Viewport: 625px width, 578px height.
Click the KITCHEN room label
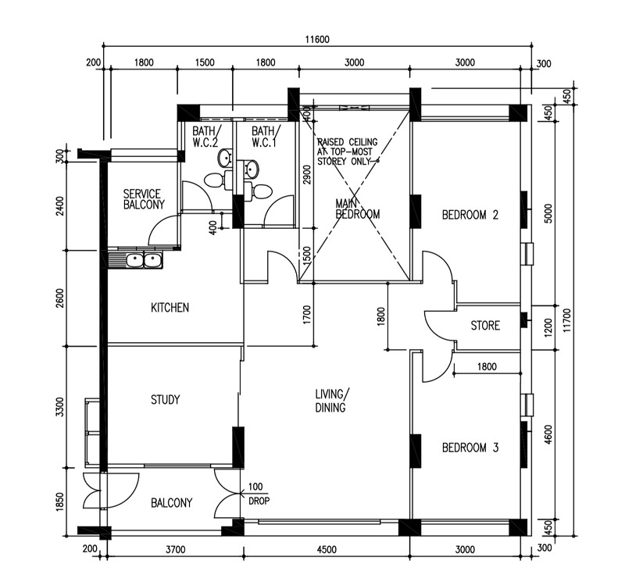[x=170, y=308]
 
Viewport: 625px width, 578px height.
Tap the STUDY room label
[x=165, y=400]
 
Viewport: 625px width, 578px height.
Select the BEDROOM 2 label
[x=470, y=216]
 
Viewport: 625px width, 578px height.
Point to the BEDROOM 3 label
[x=470, y=448]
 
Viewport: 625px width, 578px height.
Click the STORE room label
[x=485, y=326]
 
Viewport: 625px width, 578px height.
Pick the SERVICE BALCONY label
[x=144, y=199]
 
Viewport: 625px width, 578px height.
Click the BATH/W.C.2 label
[x=206, y=137]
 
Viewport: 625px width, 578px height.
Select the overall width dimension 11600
[x=317, y=40]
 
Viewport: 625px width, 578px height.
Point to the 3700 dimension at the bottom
[x=175, y=550]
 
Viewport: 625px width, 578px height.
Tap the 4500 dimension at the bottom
[x=327, y=550]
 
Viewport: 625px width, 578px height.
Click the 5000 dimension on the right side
[x=548, y=214]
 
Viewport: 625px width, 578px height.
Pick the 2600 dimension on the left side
[x=60, y=298]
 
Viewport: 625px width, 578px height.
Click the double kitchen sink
[x=144, y=261]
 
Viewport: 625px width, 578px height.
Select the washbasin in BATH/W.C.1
[x=252, y=169]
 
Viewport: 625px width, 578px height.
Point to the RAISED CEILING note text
[x=347, y=152]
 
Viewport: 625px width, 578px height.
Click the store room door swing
[x=439, y=325]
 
